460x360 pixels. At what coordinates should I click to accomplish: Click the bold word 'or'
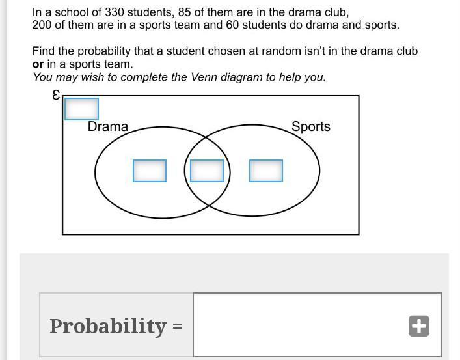click(38, 64)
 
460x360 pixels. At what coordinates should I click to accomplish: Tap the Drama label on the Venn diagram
click(108, 126)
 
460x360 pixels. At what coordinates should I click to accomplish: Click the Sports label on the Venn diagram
click(310, 126)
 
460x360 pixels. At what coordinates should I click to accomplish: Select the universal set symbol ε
click(56, 95)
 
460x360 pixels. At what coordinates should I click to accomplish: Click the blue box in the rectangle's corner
click(81, 109)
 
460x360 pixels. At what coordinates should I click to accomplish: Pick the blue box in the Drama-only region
click(149, 171)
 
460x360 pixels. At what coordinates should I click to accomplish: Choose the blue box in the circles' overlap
click(207, 171)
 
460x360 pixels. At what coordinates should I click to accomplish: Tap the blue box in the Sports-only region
click(266, 171)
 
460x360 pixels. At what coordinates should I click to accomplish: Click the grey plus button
click(419, 326)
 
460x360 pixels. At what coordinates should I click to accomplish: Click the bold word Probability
click(108, 325)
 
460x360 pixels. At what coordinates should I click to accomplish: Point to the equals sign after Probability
click(178, 326)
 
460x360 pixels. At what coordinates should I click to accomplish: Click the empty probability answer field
click(299, 325)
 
